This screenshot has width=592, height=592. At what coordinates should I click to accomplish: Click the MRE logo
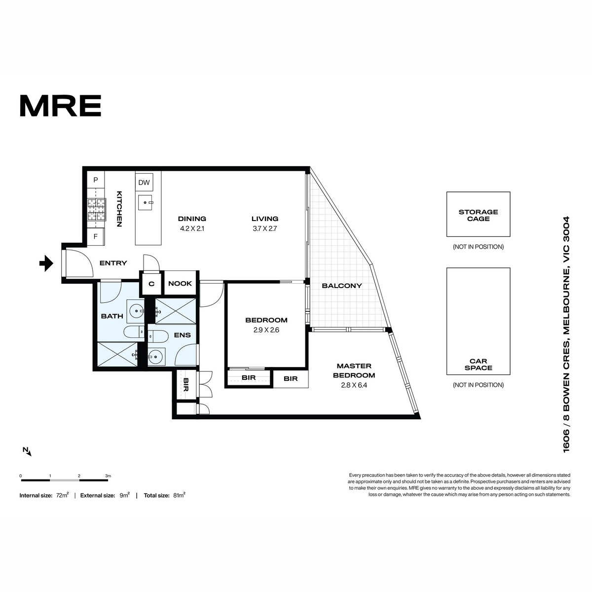[x=61, y=106]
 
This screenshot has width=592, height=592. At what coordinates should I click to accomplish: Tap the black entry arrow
[x=46, y=263]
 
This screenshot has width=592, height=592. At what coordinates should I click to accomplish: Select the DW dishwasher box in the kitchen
[x=144, y=183]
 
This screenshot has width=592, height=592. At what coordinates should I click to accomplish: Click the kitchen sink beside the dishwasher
[x=145, y=202]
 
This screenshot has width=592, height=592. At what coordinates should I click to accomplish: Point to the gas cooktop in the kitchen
[x=97, y=210]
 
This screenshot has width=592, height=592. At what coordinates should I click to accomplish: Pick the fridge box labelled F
[x=96, y=237]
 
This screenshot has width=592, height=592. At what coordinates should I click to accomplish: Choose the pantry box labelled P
[x=96, y=180]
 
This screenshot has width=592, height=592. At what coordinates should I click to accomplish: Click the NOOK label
[x=180, y=283]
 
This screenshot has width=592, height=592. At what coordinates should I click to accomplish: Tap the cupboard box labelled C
[x=151, y=284]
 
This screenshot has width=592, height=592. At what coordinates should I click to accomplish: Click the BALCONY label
[x=342, y=286]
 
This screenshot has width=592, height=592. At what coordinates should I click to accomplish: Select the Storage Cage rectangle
[x=479, y=214]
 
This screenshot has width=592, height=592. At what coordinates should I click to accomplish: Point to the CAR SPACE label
[x=479, y=365]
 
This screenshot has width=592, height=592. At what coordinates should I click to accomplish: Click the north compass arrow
[x=27, y=451]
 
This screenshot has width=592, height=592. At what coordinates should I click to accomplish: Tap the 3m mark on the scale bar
[x=108, y=476]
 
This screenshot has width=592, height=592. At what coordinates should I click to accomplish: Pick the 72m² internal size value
[x=62, y=495]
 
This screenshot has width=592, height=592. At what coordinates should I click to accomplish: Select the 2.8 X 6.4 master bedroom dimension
[x=354, y=385]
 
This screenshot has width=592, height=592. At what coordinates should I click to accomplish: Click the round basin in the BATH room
[x=136, y=311]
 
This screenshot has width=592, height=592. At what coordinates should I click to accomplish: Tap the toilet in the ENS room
[x=157, y=336]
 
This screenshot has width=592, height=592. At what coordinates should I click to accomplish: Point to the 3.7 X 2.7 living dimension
[x=265, y=228]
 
